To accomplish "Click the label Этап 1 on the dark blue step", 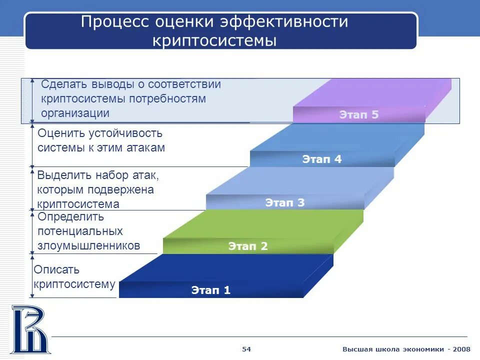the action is [x=210, y=290].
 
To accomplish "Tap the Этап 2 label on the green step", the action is [x=248, y=246].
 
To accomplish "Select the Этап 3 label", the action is [x=284, y=202].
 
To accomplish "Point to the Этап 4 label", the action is [x=321, y=159].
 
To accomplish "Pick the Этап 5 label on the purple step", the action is [x=358, y=114].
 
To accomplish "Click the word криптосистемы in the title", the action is [x=214, y=40].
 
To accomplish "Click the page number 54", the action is [x=246, y=349].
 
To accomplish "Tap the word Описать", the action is [x=56, y=270].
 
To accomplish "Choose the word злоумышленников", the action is [x=89, y=246].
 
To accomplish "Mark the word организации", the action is [x=75, y=113].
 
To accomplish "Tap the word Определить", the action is [x=70, y=217].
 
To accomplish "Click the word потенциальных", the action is [x=80, y=231].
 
